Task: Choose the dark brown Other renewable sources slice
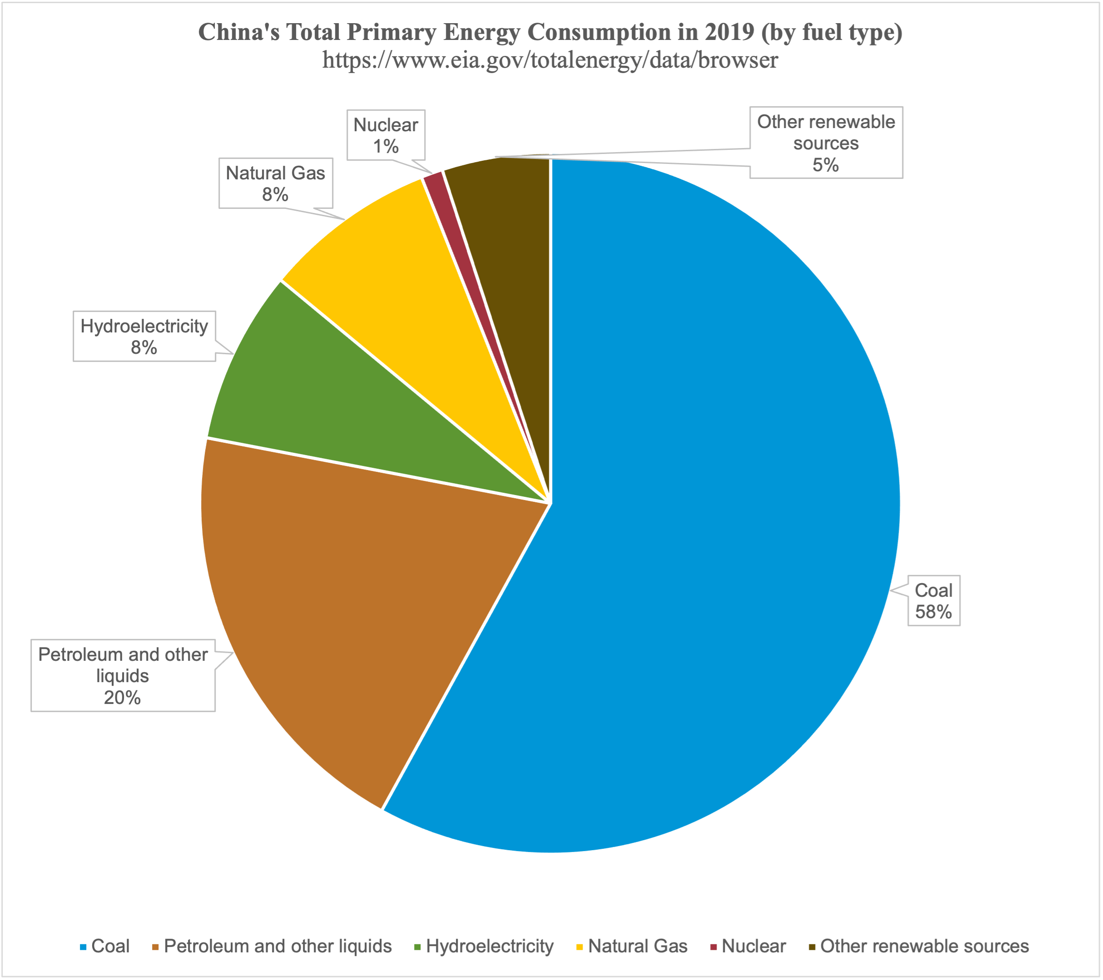(x=507, y=243)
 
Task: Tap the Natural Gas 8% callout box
(x=275, y=183)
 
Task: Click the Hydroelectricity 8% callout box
(x=144, y=336)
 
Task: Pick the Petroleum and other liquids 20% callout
(x=123, y=675)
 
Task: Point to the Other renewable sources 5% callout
(x=826, y=143)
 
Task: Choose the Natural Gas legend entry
(x=632, y=946)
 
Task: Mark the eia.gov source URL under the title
(x=550, y=59)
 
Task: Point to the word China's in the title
(x=239, y=32)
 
